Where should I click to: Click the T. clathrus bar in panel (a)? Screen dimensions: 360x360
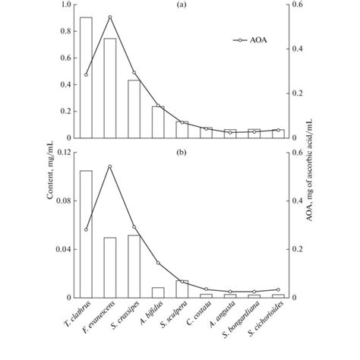pyautogui.click(x=86, y=77)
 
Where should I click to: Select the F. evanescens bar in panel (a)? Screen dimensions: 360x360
pyautogui.click(x=110, y=88)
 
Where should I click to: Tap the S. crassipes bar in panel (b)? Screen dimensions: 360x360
pyautogui.click(x=134, y=266)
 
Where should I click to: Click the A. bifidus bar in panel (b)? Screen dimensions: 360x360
pyautogui.click(x=158, y=292)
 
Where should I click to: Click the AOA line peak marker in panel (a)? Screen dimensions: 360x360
pyautogui.click(x=110, y=17)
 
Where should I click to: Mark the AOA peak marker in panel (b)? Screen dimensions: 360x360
pyautogui.click(x=110, y=166)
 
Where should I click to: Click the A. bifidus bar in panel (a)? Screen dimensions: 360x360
pyautogui.click(x=158, y=122)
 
